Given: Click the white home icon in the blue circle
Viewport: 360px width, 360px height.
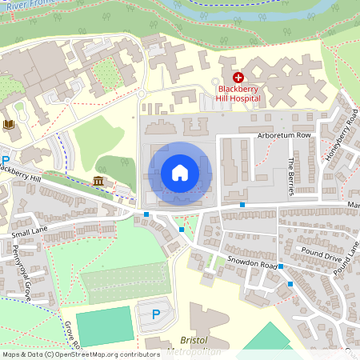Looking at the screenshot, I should point(179,172).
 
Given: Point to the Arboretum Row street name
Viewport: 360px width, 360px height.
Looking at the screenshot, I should point(282,136).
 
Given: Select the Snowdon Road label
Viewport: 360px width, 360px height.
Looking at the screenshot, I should point(252,264).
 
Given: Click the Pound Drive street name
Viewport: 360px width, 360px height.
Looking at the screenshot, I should point(321,255).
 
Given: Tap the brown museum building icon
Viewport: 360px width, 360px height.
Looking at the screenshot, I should point(98,181).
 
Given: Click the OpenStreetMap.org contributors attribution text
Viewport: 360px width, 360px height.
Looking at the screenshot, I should point(108,354).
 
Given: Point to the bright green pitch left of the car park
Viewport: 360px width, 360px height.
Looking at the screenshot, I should point(103,326).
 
